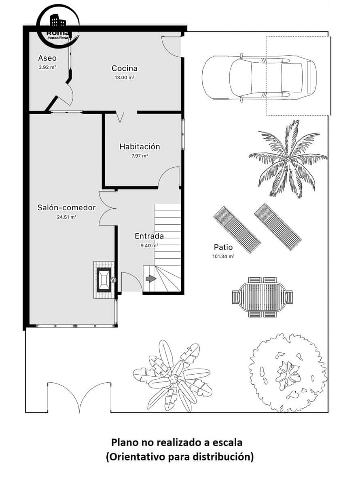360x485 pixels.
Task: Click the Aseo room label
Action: (x=47, y=58)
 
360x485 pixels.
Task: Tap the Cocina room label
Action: (x=125, y=68)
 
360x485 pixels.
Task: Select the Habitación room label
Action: (x=140, y=146)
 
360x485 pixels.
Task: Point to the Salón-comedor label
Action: (x=66, y=207)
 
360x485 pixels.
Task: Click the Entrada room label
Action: (x=149, y=236)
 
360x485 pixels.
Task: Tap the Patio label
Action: (x=223, y=247)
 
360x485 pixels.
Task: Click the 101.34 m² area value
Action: (x=223, y=256)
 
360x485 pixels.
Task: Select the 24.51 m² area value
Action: (x=67, y=217)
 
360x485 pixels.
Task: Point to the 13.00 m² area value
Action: (x=125, y=77)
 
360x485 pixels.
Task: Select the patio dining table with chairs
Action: (x=262, y=297)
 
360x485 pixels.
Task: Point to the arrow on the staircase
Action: (x=150, y=278)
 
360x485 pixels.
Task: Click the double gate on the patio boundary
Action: (x=79, y=398)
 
